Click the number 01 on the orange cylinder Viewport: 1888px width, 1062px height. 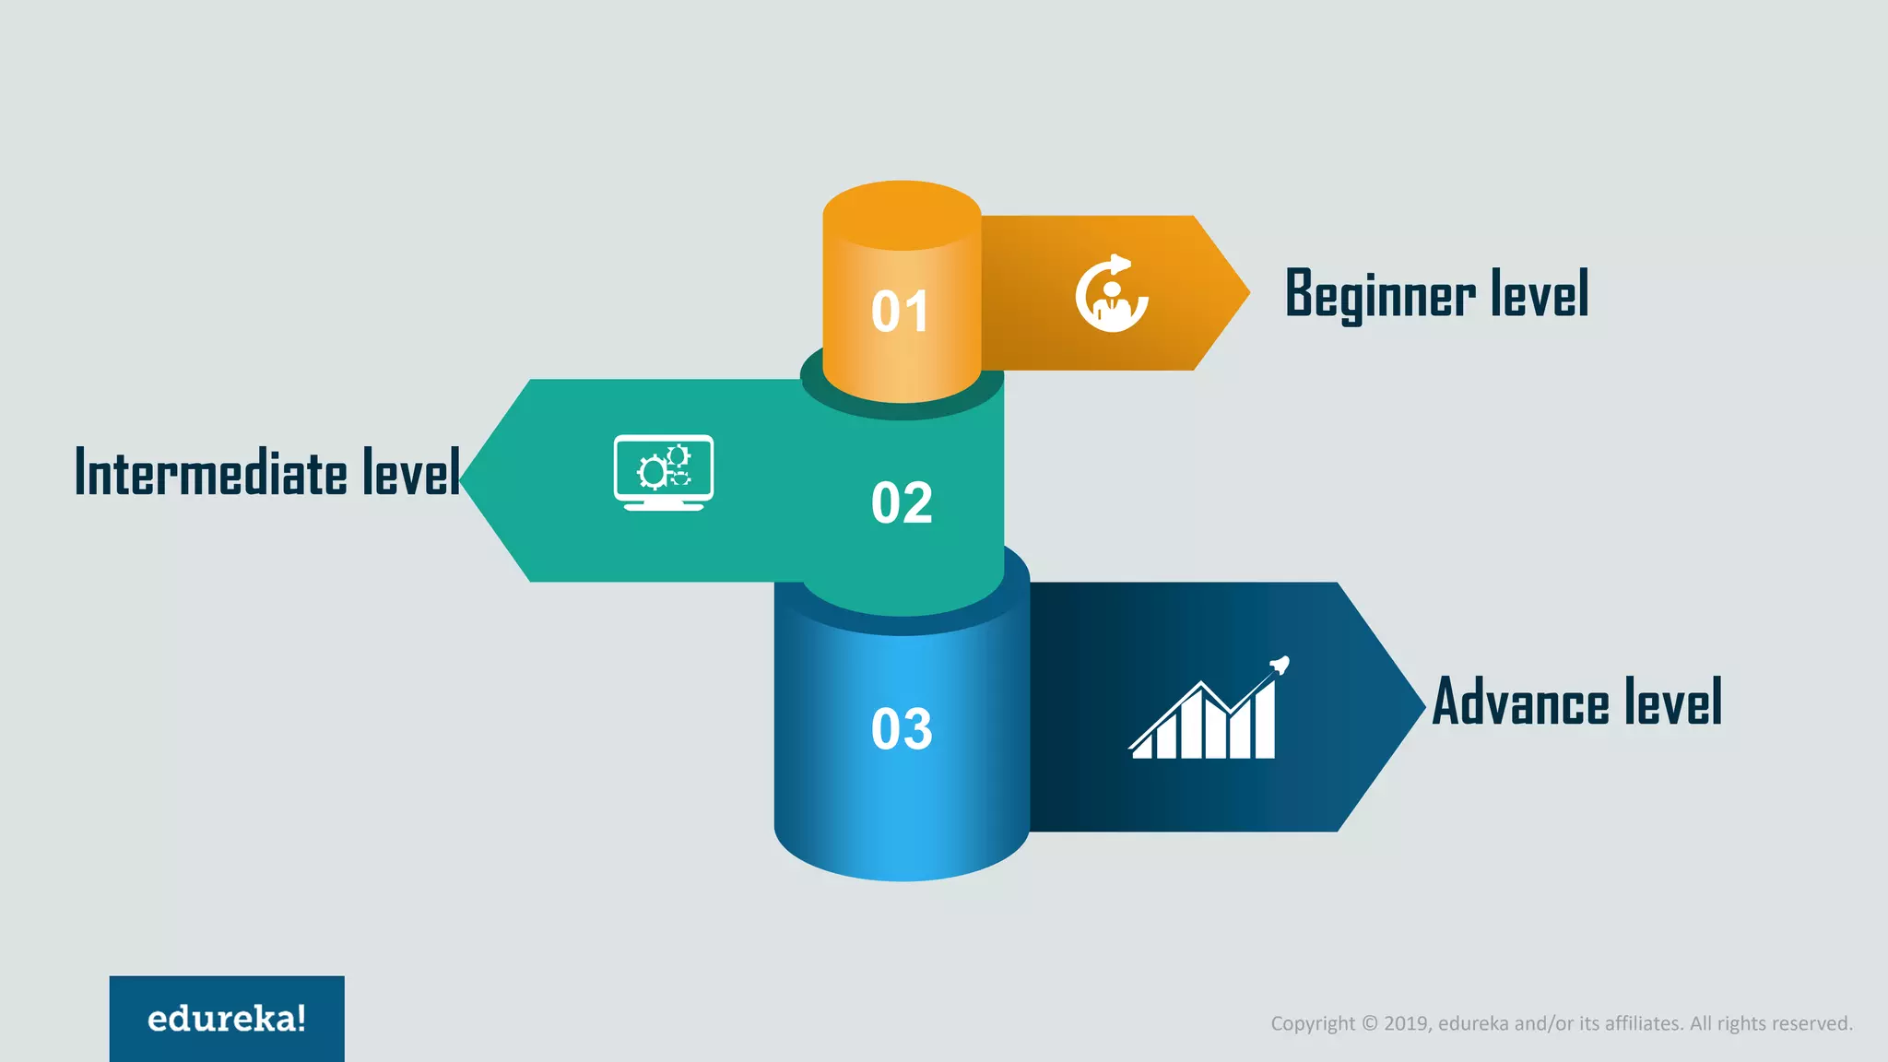point(900,312)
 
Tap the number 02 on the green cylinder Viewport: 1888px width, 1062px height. point(902,503)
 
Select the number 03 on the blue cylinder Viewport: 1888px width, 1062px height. point(902,729)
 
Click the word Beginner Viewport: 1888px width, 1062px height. point(1380,295)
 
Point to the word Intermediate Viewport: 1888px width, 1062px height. point(211,473)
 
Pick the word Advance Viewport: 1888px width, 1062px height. point(1520,702)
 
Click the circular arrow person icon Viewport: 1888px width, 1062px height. point(1112,293)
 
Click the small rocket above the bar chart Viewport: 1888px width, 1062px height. point(1279,665)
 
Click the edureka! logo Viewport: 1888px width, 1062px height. point(227,1019)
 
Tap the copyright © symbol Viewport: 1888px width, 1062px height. point(1370,1023)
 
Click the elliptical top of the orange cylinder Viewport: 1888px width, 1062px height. point(902,215)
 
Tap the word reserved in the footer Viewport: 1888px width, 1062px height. point(1812,1023)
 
